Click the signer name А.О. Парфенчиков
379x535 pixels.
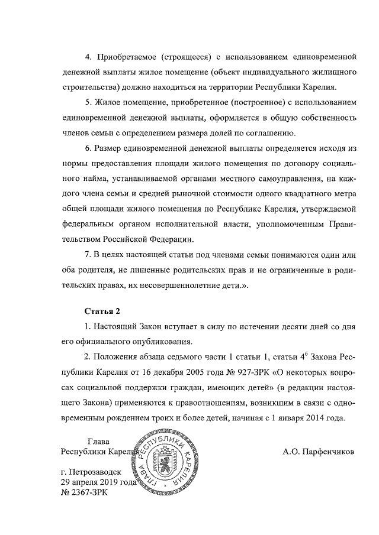319,452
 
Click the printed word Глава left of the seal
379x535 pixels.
98,441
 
